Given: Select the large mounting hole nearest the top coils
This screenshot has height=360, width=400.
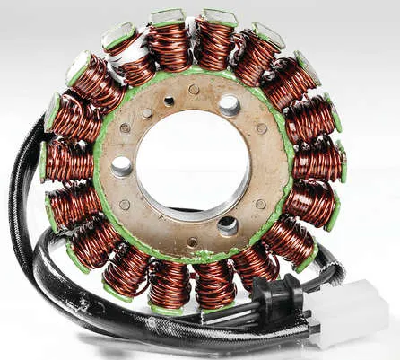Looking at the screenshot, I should point(229,105).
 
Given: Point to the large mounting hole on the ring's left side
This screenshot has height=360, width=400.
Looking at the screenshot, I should point(122,166).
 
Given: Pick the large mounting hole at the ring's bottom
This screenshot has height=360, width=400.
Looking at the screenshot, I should point(228,225).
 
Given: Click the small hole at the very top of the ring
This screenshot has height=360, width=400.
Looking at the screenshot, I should point(194,90).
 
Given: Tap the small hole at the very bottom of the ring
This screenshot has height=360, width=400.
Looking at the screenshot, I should point(192,241).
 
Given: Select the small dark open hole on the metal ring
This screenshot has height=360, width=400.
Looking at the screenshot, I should point(169,101).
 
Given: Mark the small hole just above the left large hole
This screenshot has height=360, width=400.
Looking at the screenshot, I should point(125,128).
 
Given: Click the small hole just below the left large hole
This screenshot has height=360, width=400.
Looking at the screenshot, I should point(125,205).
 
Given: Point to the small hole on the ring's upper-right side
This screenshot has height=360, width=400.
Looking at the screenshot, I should point(261,128).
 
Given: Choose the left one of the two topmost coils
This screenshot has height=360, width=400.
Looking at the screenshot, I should point(170,44).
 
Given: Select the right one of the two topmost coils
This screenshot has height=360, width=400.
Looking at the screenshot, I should point(214,42).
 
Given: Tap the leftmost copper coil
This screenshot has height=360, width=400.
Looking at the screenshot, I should point(68,162).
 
